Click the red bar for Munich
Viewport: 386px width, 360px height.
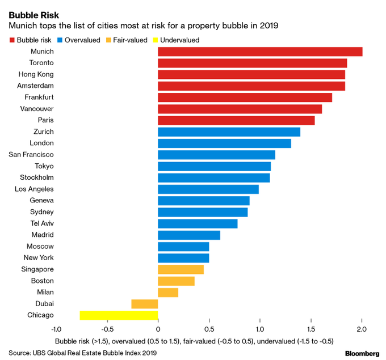click(x=259, y=52)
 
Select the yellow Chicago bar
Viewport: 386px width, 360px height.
click(x=119, y=315)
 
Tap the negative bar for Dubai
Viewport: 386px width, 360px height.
click(x=144, y=304)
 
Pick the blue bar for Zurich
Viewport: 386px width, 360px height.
click(x=229, y=132)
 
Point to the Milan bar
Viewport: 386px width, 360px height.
click(x=168, y=292)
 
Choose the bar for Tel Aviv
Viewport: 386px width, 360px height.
click(x=198, y=223)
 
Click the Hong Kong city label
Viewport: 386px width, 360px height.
click(x=36, y=74)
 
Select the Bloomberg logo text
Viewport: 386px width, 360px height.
click(x=362, y=353)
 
